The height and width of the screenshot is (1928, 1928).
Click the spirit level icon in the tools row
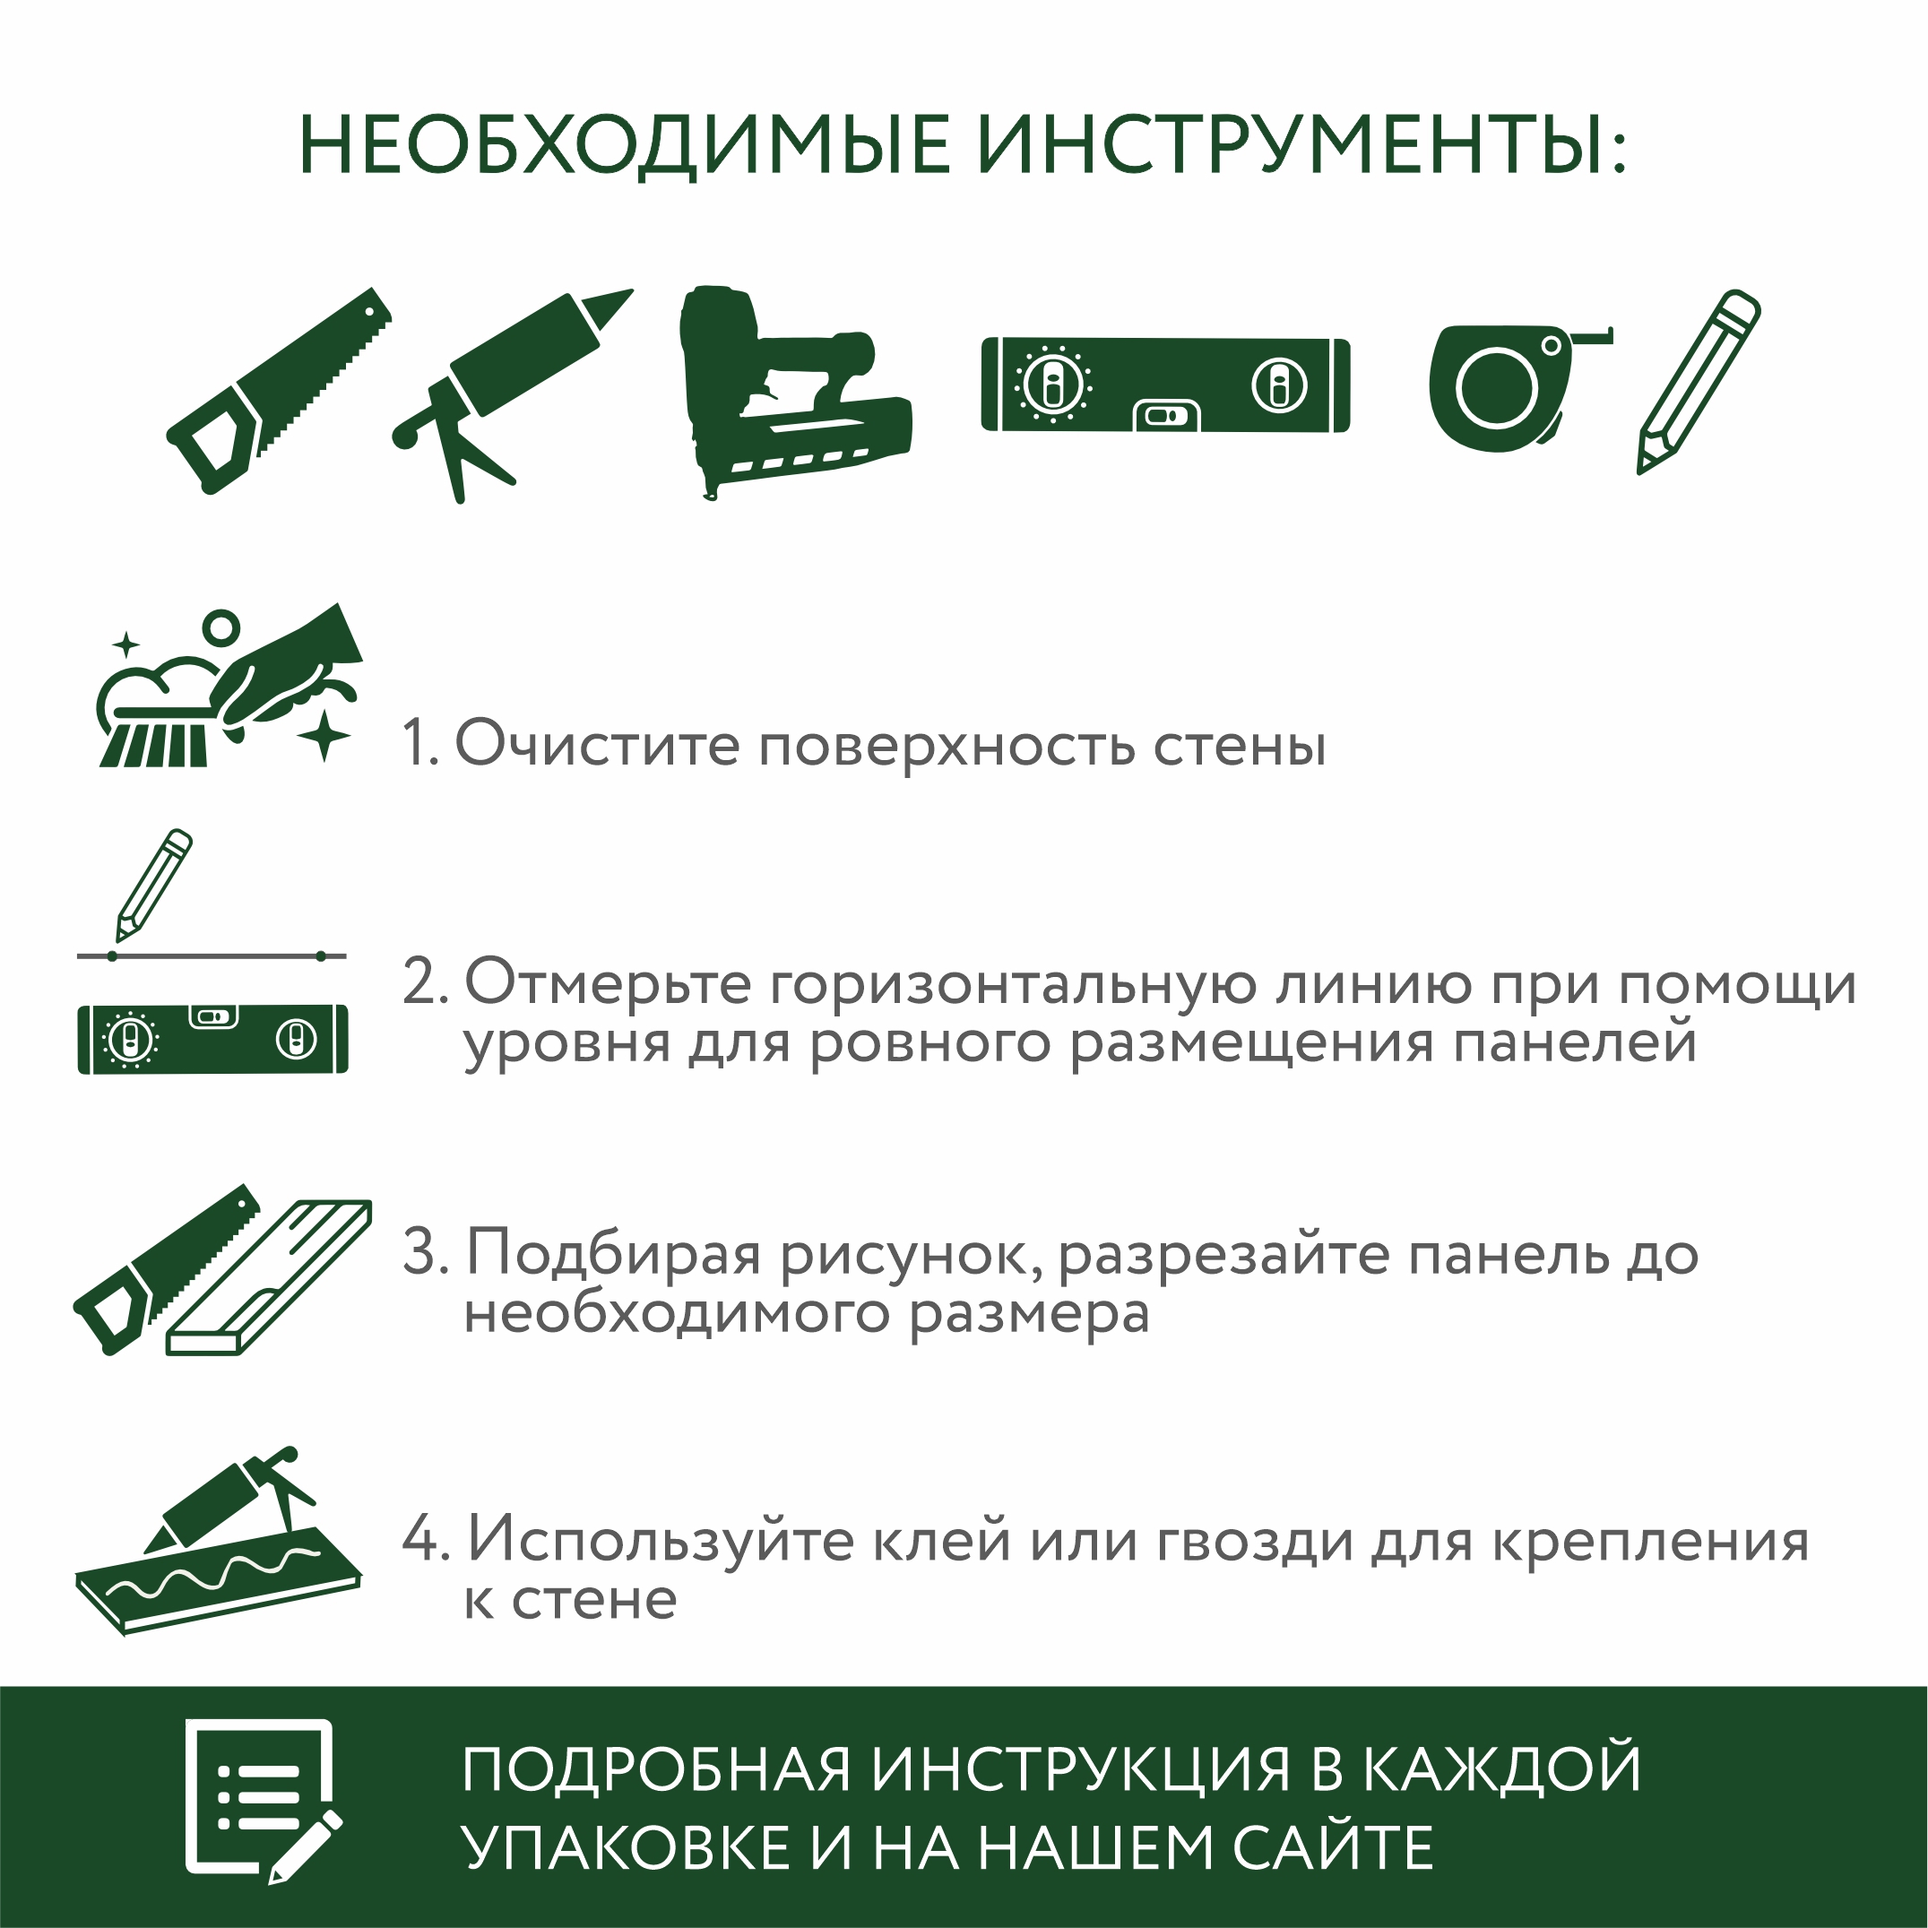1165,385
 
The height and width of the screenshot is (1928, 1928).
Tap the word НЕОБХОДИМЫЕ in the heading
625,146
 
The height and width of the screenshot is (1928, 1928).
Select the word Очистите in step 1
597,745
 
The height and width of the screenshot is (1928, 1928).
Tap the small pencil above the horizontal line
153,884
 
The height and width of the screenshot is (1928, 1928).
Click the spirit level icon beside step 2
212,1039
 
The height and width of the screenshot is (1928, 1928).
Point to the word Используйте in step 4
662,1540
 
